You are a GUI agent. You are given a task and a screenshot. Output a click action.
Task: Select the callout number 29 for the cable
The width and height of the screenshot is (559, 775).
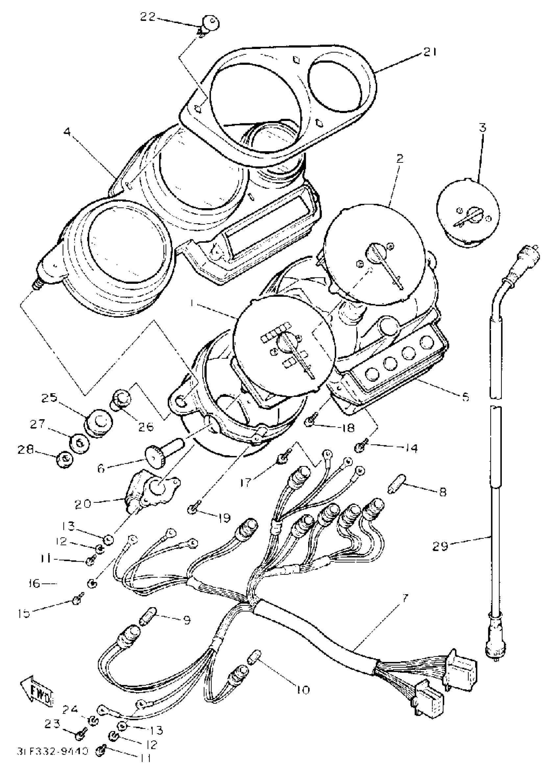440,547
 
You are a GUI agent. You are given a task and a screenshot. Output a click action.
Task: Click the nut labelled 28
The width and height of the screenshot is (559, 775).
64,459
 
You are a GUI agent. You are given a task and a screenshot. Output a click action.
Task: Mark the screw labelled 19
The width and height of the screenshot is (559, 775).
192,510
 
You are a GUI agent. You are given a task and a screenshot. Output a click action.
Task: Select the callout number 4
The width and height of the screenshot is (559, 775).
67,132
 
